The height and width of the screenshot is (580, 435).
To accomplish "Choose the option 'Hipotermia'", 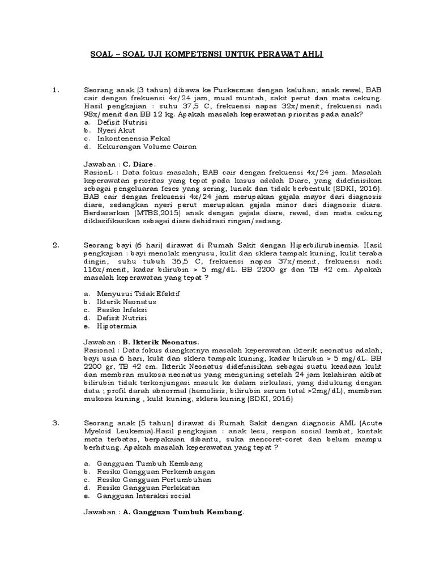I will [117, 326].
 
